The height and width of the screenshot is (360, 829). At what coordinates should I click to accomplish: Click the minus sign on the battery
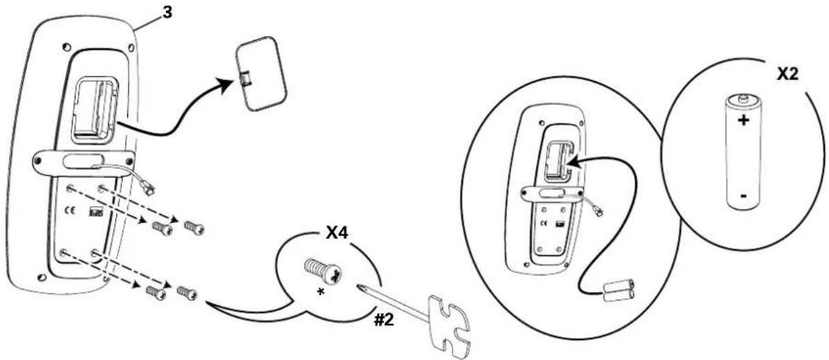tap(743, 197)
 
